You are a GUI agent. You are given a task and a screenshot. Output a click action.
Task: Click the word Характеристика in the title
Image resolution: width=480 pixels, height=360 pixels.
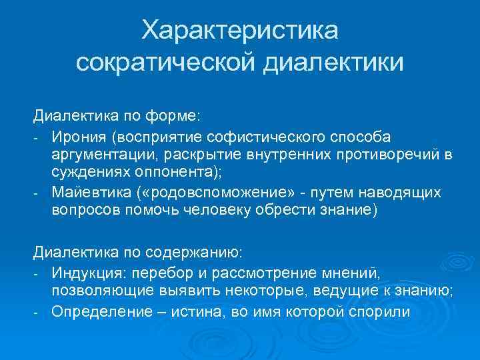point(240,31)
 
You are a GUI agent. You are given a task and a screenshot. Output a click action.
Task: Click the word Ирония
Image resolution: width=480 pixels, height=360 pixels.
point(78,137)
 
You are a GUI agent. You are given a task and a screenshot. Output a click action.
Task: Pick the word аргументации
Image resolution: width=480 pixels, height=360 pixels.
point(99,155)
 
